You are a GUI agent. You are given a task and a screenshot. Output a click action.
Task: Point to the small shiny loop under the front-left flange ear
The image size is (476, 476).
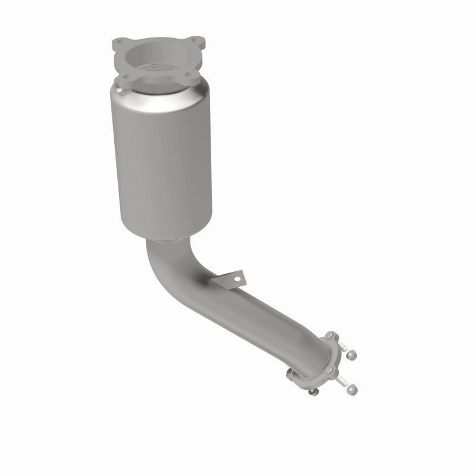click(119, 91)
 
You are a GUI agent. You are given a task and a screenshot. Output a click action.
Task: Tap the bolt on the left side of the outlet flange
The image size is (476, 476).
click(292, 373)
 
